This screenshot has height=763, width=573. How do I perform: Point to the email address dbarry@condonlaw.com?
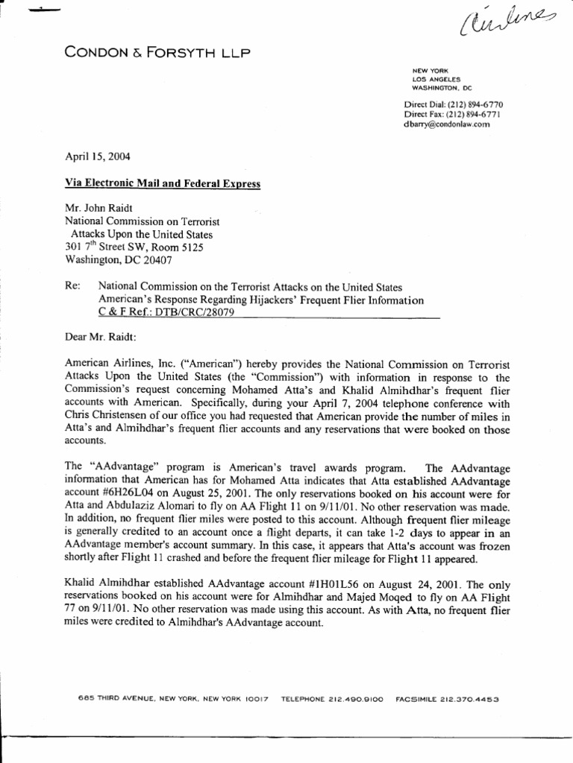pos(447,125)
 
